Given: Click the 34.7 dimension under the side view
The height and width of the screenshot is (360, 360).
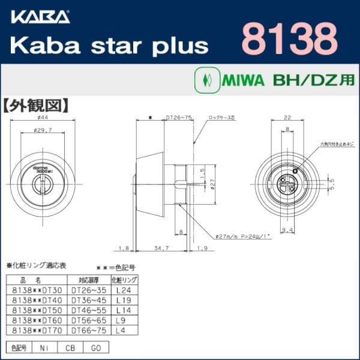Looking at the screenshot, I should click(x=158, y=247).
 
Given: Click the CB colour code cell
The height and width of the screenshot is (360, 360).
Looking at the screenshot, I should click(x=71, y=347).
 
